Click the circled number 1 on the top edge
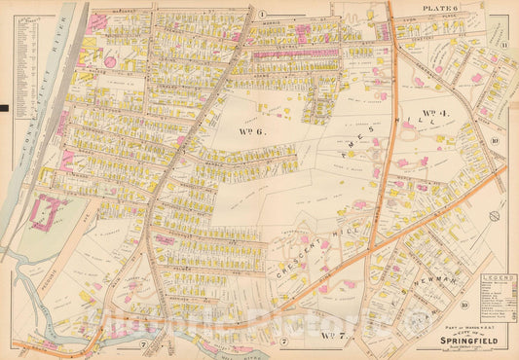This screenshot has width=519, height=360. [x=263, y=13]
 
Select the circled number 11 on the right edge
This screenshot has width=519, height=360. [x=505, y=46]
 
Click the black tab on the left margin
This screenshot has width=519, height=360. [x=5, y=107]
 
